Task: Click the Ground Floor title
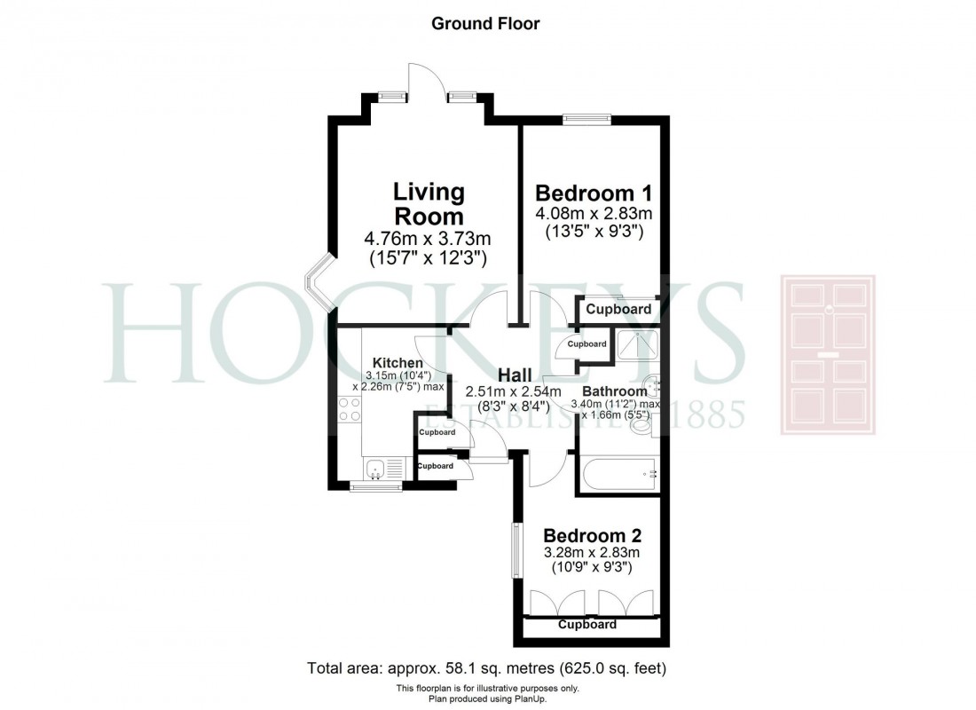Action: point(484,24)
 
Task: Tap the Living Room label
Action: point(429,203)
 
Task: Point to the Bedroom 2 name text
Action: point(592,536)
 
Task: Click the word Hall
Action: point(515,374)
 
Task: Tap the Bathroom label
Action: point(615,391)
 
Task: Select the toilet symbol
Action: point(641,425)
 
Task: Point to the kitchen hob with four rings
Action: point(349,409)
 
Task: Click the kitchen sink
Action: point(376,468)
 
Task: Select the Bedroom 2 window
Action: point(515,550)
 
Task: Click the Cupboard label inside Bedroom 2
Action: point(586,625)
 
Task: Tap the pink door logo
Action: point(827,355)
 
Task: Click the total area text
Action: point(486,667)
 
